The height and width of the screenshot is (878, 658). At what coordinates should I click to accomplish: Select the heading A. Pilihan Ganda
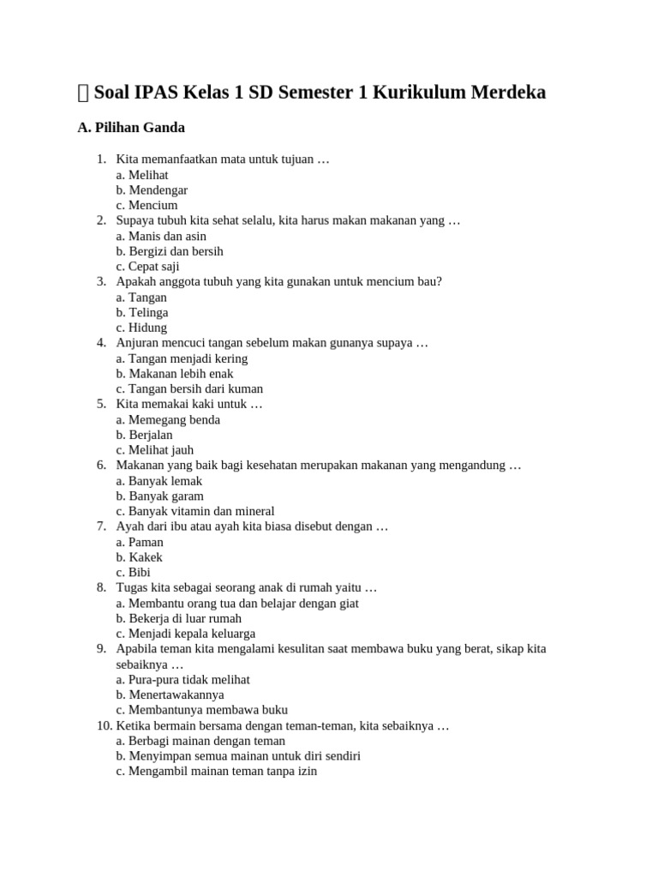pos(131,128)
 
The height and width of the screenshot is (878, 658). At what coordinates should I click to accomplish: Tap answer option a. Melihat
pos(142,175)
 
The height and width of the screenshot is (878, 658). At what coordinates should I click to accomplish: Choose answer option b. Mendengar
pos(152,190)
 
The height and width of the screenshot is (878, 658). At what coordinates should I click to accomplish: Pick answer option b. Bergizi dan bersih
pos(170,251)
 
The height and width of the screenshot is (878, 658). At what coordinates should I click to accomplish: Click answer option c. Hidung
pos(141,328)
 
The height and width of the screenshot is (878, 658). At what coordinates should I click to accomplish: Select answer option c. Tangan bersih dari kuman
pos(189,388)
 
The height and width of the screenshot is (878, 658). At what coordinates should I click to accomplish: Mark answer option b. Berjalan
pos(145,435)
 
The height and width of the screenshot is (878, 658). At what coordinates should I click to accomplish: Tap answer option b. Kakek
pos(140,557)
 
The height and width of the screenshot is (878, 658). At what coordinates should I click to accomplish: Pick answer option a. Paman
pos(140,542)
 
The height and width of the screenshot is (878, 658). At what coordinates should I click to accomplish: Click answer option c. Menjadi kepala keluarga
pos(186,634)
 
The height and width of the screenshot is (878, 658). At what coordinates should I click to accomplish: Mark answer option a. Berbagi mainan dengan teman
pos(201,741)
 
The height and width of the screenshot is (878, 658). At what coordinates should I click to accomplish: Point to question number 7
pos(100,526)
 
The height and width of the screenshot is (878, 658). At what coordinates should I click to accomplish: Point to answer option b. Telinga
pos(142,312)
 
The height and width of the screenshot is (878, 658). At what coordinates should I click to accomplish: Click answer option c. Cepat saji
pos(148,267)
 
